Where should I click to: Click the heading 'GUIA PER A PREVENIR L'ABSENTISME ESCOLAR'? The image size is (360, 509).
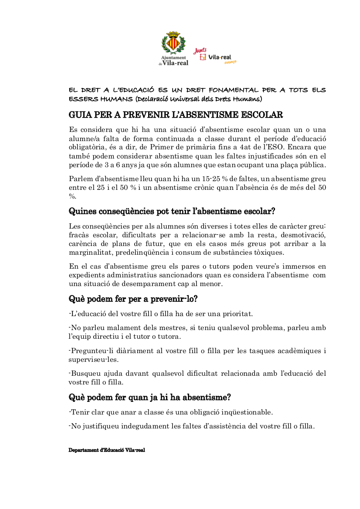[x=176, y=115]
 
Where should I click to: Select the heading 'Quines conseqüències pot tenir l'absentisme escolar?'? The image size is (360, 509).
[x=172, y=212]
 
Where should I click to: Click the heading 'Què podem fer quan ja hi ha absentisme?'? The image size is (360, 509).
[x=149, y=397]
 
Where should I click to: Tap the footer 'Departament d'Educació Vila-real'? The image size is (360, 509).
[x=106, y=450]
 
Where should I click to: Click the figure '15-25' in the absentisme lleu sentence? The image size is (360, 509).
[x=211, y=179]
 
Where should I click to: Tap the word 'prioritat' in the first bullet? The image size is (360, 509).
[x=238, y=313]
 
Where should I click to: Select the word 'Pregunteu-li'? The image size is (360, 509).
[x=90, y=351]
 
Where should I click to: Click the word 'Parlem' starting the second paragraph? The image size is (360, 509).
[x=80, y=179]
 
